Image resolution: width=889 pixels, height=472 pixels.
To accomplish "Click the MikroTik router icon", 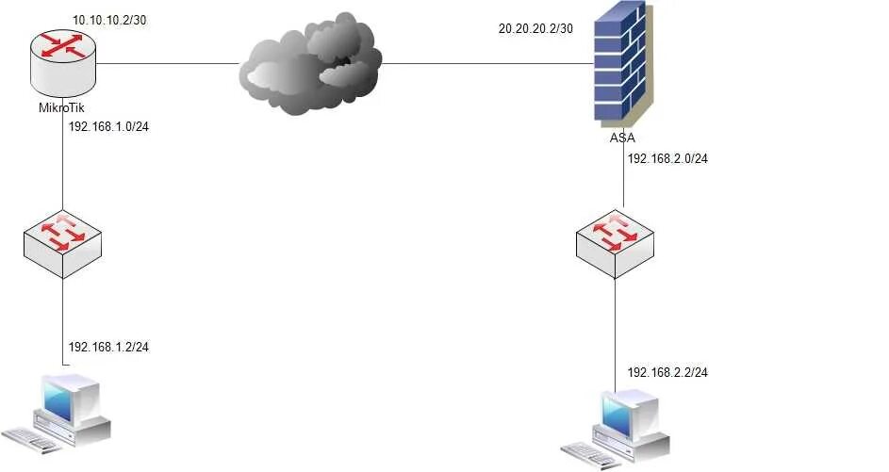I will point(62,64).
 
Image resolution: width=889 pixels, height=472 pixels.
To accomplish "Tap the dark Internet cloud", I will point(311,66).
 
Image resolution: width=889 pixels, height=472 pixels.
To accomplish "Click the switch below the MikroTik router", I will point(62,244).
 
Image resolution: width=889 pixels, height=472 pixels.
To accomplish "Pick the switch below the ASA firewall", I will point(615,244).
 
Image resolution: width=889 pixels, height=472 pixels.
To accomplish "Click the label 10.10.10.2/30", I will point(109,20).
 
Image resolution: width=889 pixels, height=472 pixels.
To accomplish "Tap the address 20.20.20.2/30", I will point(535,28).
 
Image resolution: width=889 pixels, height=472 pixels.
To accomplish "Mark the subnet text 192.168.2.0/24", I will point(667,158).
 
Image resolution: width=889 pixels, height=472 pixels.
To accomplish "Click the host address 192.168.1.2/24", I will point(108,347).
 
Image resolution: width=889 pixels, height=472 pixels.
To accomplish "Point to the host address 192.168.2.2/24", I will point(667,372).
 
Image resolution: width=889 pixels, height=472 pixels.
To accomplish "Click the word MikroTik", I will point(60,106).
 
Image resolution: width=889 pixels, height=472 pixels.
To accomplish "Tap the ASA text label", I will point(622,138).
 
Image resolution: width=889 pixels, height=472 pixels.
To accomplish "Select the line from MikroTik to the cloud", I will point(170,64).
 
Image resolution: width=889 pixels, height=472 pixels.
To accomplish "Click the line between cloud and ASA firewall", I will point(486,64).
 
